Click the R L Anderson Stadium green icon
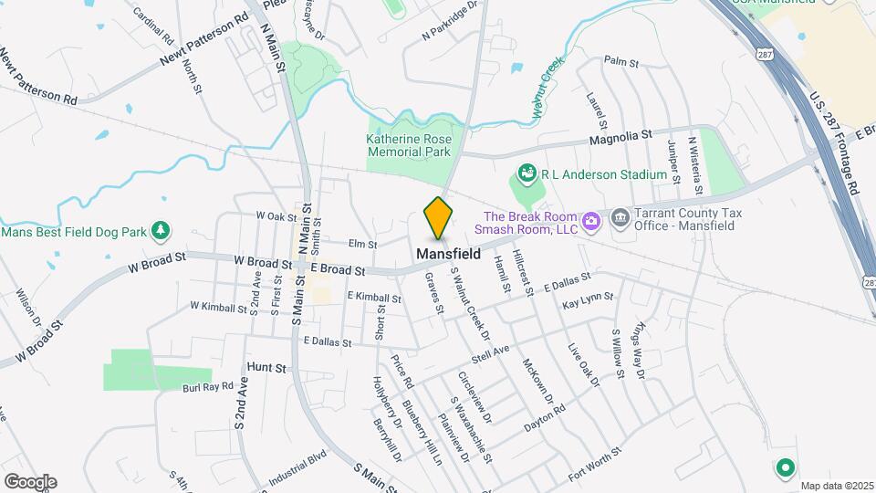526,173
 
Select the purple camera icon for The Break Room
591,219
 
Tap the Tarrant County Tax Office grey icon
620,217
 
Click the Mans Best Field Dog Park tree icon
161,229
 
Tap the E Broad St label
338,269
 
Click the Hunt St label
266,367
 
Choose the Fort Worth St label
594,464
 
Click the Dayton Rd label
545,419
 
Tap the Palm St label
620,61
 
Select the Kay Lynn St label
585,302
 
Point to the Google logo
30,481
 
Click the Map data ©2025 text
837,485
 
